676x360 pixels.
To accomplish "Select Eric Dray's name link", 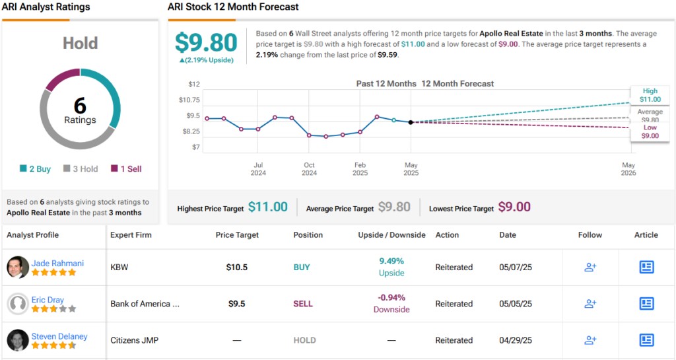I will click(x=48, y=299).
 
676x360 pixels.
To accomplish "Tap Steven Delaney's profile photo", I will click(x=18, y=340).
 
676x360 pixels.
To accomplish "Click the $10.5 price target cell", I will click(x=237, y=268).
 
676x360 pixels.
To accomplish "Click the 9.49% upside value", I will click(x=391, y=261).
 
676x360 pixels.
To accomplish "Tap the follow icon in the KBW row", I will click(x=590, y=268).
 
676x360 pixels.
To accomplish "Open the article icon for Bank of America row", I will click(x=646, y=304).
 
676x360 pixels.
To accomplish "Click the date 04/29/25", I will click(x=514, y=340).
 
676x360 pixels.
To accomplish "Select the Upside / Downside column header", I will click(x=391, y=235).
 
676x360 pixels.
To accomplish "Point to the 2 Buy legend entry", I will click(x=36, y=169).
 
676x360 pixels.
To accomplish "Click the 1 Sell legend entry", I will click(x=127, y=169).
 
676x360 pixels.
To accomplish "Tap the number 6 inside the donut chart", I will click(x=80, y=106).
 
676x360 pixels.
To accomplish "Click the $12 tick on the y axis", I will click(x=193, y=84).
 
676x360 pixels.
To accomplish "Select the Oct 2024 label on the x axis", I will click(x=309, y=169).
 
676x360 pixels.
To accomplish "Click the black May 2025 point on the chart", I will click(x=411, y=122).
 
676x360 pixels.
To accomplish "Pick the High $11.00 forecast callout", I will click(x=650, y=96).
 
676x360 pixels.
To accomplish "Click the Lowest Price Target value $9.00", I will click(x=514, y=207).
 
